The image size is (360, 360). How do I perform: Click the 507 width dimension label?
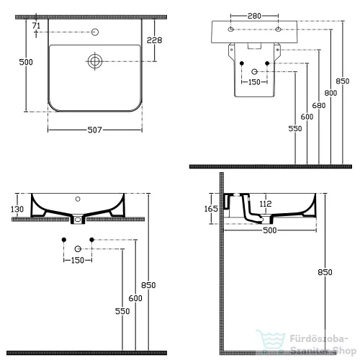pyautogui.click(x=94, y=130)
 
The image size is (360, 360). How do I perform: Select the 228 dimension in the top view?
pyautogui.click(x=154, y=40)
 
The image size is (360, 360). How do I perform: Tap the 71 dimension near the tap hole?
pyautogui.click(x=36, y=25)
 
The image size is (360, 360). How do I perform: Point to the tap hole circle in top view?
pyautogui.click(x=95, y=32)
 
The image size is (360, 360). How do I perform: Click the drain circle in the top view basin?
pyautogui.click(x=95, y=61)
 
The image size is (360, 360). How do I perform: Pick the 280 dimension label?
pyautogui.click(x=254, y=16)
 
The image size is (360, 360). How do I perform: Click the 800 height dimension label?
pyautogui.click(x=330, y=93)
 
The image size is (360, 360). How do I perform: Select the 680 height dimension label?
pyautogui.click(x=319, y=105)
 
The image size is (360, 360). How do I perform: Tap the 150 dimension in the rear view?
pyautogui.click(x=254, y=82)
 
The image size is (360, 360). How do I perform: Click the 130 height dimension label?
pyautogui.click(x=17, y=209)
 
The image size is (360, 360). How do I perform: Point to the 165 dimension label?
pyautogui.click(x=211, y=209)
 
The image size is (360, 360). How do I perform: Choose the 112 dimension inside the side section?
pyautogui.click(x=266, y=204)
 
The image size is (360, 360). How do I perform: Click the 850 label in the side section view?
pyautogui.click(x=325, y=272)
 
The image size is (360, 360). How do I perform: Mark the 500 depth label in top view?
pyautogui.click(x=26, y=62)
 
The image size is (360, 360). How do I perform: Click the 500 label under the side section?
pyautogui.click(x=270, y=230)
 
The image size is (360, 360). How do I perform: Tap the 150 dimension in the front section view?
pyautogui.click(x=78, y=260)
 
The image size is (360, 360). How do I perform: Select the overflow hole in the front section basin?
pyautogui.click(x=78, y=199)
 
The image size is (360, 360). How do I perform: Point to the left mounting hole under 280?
pyautogui.click(x=230, y=30)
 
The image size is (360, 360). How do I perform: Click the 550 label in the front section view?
pyautogui.click(x=122, y=311)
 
